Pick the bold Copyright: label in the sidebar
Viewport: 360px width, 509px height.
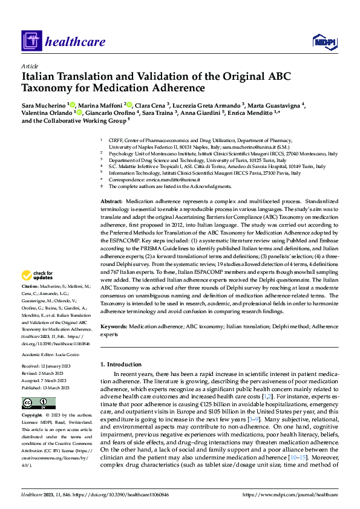32,417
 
